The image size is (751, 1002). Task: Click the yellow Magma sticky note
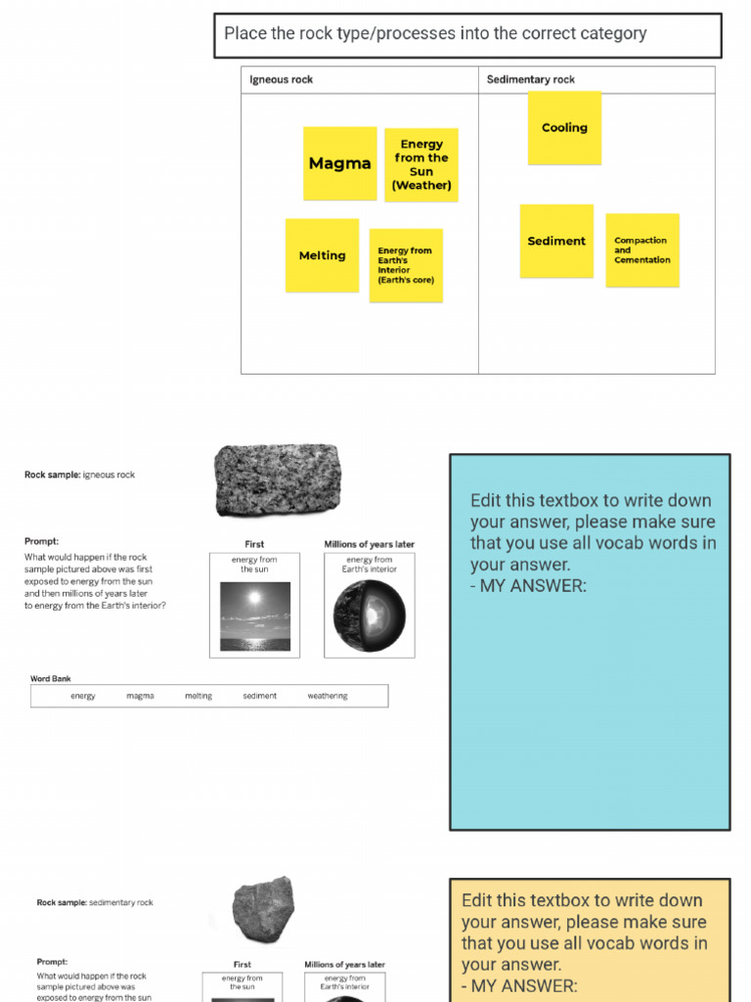click(x=339, y=163)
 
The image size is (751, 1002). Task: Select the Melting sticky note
click(x=322, y=255)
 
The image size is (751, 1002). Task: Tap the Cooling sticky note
click(x=564, y=127)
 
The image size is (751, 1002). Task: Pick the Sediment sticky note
click(x=556, y=241)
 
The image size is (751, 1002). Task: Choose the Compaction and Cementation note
click(x=642, y=250)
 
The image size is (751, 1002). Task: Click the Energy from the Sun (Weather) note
click(x=421, y=164)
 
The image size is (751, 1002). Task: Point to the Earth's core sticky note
click(x=406, y=265)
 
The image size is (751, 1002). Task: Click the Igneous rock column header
click(x=282, y=79)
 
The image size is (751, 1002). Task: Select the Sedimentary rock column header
click(x=531, y=79)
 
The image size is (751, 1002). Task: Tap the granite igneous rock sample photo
click(x=278, y=479)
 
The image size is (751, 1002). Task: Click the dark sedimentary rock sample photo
click(x=263, y=909)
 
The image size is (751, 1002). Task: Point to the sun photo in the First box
click(x=254, y=616)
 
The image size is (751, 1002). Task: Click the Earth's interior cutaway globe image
click(x=370, y=616)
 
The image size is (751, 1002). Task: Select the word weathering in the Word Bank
click(x=328, y=696)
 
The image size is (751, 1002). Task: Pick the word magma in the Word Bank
click(x=140, y=696)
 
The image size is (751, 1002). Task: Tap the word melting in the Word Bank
click(x=199, y=696)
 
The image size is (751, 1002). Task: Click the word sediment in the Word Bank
click(x=260, y=696)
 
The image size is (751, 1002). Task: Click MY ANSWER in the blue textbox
click(x=533, y=586)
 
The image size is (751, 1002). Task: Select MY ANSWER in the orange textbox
click(x=524, y=985)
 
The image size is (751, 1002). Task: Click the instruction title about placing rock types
click(x=435, y=33)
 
